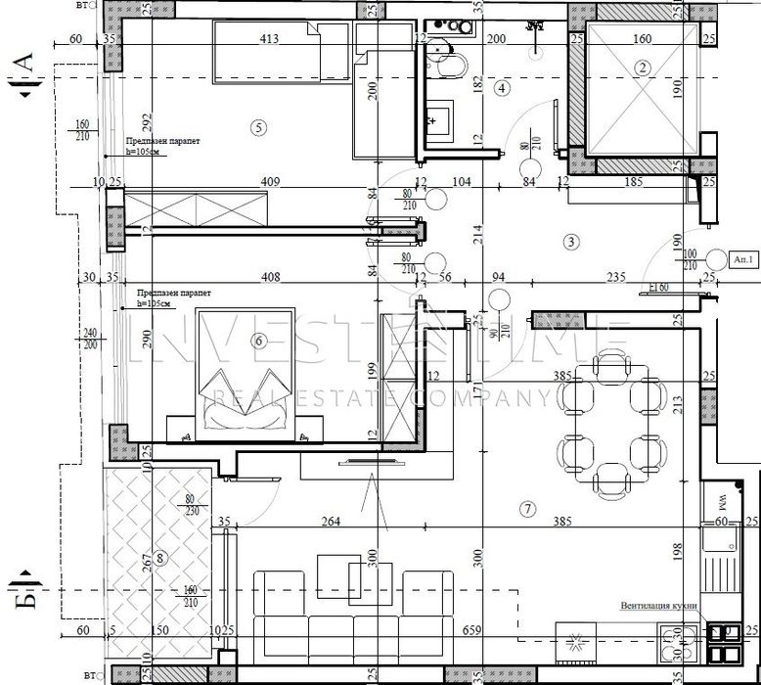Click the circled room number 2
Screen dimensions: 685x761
coord(643,68)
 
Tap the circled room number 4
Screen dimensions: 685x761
coord(503,88)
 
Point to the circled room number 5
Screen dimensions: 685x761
coord(258,126)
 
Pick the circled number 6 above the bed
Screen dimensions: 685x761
coord(258,341)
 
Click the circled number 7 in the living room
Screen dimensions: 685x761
coord(528,508)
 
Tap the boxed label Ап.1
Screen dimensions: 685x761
coord(742,259)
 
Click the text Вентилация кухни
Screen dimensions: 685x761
coord(658,606)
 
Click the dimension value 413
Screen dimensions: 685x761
coord(270,40)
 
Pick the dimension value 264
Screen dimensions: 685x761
coord(331,522)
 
